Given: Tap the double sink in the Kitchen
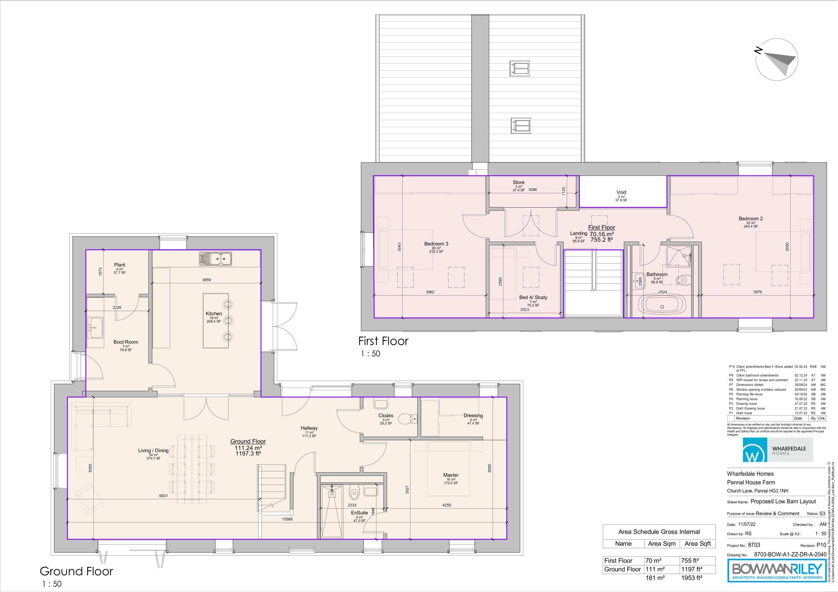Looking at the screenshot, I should pyautogui.click(x=216, y=259).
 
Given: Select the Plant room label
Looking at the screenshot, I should pyautogui.click(x=119, y=265).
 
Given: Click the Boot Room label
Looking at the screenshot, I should pyautogui.click(x=126, y=342).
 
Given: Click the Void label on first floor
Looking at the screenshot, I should pyautogui.click(x=621, y=192).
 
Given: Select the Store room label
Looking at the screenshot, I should pyautogui.click(x=518, y=182).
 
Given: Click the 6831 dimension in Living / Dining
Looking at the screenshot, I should pyautogui.click(x=164, y=496).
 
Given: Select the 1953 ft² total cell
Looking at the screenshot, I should pyautogui.click(x=692, y=578).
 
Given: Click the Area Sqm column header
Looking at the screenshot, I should pyautogui.click(x=662, y=544).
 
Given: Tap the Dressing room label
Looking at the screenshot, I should pyautogui.click(x=473, y=415).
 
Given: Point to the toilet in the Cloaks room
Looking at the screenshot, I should pyautogui.click(x=406, y=419).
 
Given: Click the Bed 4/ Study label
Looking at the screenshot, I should pyautogui.click(x=533, y=297).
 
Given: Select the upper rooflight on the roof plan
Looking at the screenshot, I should pyautogui.click(x=520, y=68).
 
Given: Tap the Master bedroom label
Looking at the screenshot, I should pyautogui.click(x=451, y=475).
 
